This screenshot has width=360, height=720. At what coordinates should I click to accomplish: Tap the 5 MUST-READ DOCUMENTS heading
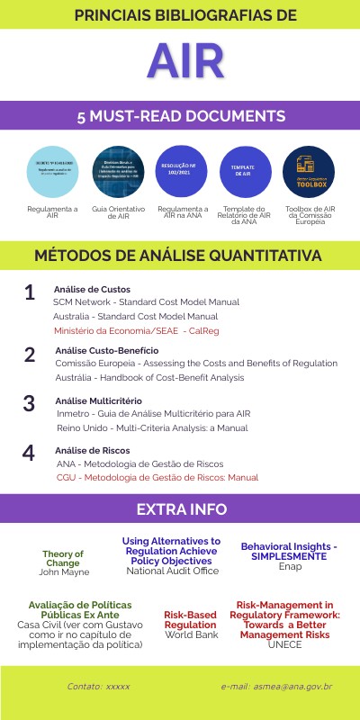coord(181,116)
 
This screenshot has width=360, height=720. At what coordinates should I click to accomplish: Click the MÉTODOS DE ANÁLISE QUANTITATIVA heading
coord(177,256)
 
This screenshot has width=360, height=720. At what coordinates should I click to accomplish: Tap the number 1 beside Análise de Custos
coord(30,293)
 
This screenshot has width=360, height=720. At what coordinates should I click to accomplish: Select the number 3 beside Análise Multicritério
coord(30,403)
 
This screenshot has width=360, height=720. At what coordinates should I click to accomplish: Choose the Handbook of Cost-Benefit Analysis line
coord(149,377)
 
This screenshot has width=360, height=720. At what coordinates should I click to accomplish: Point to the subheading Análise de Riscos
coord(92,450)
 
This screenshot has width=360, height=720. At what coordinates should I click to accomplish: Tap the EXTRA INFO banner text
coord(181,509)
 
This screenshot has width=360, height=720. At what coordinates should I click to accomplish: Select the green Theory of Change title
coord(62,559)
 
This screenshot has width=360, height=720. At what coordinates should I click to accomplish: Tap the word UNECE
coord(284,645)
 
